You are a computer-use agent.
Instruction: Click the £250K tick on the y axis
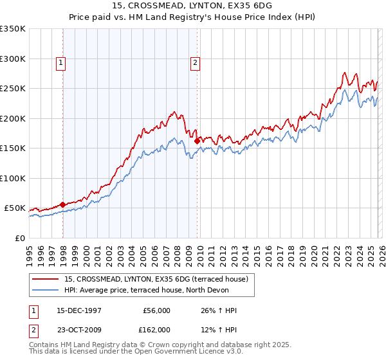[12, 89]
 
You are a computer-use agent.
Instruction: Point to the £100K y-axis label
[12, 178]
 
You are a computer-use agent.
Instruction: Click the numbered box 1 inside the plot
[60, 63]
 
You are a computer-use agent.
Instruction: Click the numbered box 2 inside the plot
[194, 63]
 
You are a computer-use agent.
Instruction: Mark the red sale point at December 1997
[62, 204]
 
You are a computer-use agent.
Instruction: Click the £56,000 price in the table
[156, 310]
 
